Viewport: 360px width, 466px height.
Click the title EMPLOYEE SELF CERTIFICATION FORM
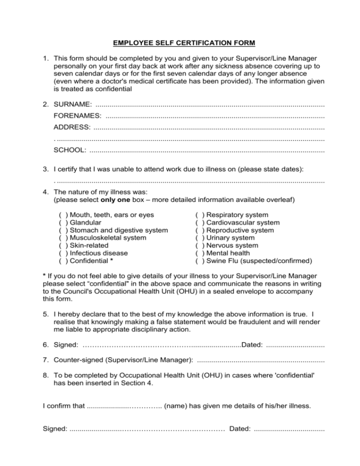tap(184, 44)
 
